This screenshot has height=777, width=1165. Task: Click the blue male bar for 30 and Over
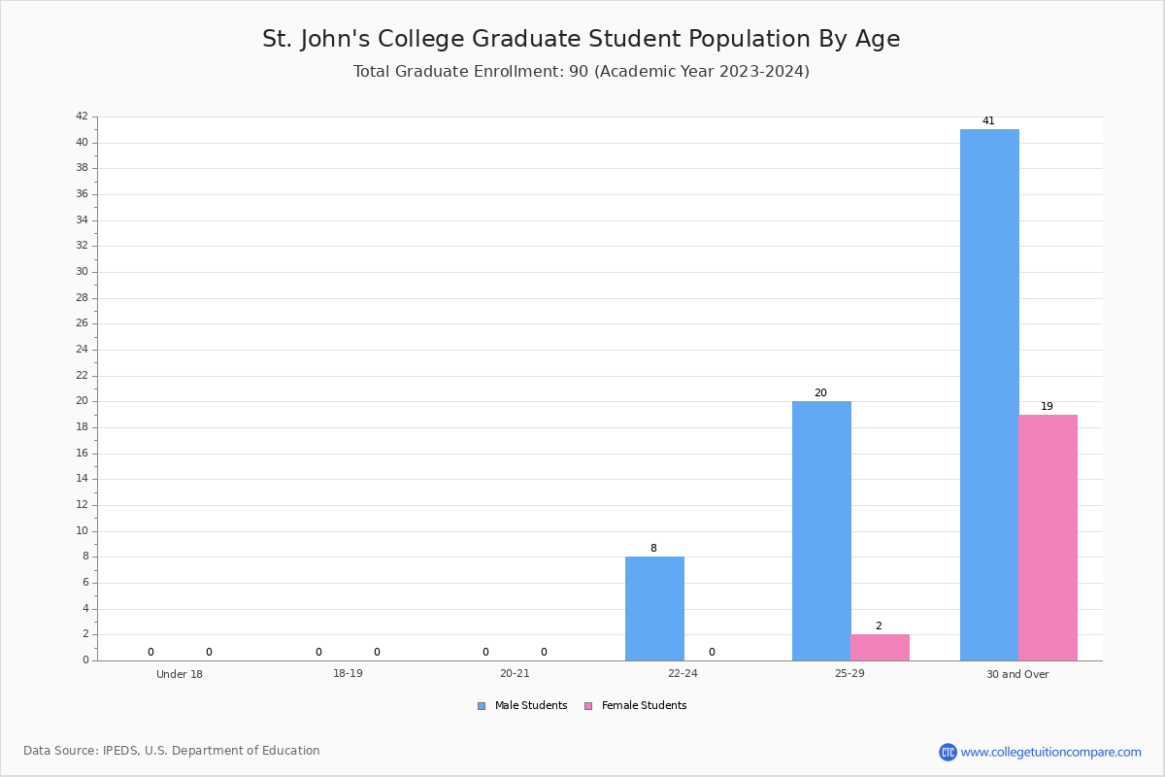[989, 394]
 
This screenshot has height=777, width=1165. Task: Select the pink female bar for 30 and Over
[1048, 537]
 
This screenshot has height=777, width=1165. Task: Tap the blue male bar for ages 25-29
[821, 530]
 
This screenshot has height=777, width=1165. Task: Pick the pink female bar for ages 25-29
[880, 647]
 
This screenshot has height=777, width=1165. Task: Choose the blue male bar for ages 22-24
[654, 608]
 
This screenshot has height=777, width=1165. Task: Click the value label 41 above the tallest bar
[988, 121]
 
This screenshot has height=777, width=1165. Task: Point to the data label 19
[1047, 407]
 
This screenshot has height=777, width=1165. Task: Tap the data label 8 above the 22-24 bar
[653, 549]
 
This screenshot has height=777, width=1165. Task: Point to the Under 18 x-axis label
[180, 674]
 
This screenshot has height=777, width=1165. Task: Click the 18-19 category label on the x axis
[348, 674]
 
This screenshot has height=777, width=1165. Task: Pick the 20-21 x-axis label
[515, 674]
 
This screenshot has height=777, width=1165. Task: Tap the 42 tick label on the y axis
[82, 117]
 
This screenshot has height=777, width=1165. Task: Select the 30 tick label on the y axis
[82, 272]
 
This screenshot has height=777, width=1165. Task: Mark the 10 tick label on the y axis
[82, 531]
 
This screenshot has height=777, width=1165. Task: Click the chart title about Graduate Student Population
[581, 39]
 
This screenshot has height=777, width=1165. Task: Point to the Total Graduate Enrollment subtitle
[581, 72]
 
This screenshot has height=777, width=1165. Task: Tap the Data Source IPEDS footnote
[172, 751]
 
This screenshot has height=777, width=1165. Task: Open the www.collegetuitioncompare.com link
[1050, 752]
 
